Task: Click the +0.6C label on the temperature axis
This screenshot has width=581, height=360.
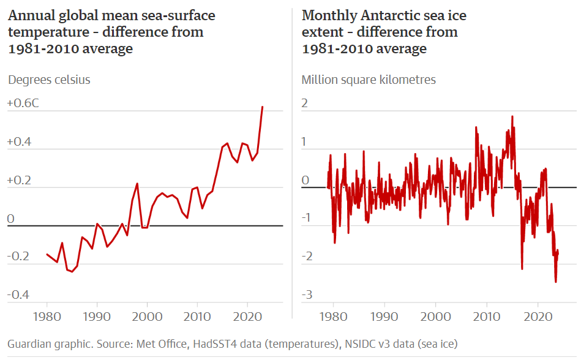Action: point(23,103)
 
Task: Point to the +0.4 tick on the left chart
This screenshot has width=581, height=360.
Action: point(19,142)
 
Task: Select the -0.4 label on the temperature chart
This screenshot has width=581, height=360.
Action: point(18,295)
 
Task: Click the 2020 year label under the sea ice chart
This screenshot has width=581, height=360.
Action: point(538,317)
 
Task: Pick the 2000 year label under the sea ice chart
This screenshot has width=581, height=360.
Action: point(436,317)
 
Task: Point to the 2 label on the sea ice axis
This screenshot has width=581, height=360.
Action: point(305,103)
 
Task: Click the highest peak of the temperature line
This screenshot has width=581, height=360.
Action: point(263,107)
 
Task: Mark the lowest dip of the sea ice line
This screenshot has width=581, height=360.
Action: point(556,282)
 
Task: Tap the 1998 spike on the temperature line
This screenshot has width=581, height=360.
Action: point(137,184)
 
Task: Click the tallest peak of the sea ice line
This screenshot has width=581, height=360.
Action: point(512,116)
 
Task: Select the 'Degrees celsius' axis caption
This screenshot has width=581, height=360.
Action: point(49,80)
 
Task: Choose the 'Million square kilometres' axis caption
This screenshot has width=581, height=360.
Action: point(369,80)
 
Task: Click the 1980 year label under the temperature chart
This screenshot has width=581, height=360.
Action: point(47,317)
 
